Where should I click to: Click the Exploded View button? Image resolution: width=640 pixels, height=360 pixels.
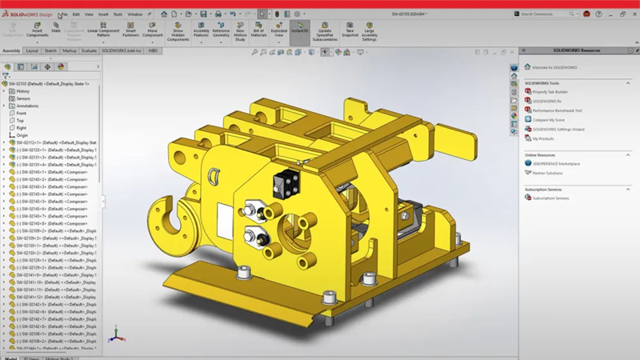278,30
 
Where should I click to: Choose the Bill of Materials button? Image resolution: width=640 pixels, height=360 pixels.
258,30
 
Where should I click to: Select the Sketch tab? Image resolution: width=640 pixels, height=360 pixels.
50,50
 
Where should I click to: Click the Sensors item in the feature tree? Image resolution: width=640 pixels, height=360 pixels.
23,98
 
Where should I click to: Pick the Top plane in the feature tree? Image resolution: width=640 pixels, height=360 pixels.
21,120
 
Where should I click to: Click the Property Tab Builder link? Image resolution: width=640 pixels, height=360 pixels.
551,91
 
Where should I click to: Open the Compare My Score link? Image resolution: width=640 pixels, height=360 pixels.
550,119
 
